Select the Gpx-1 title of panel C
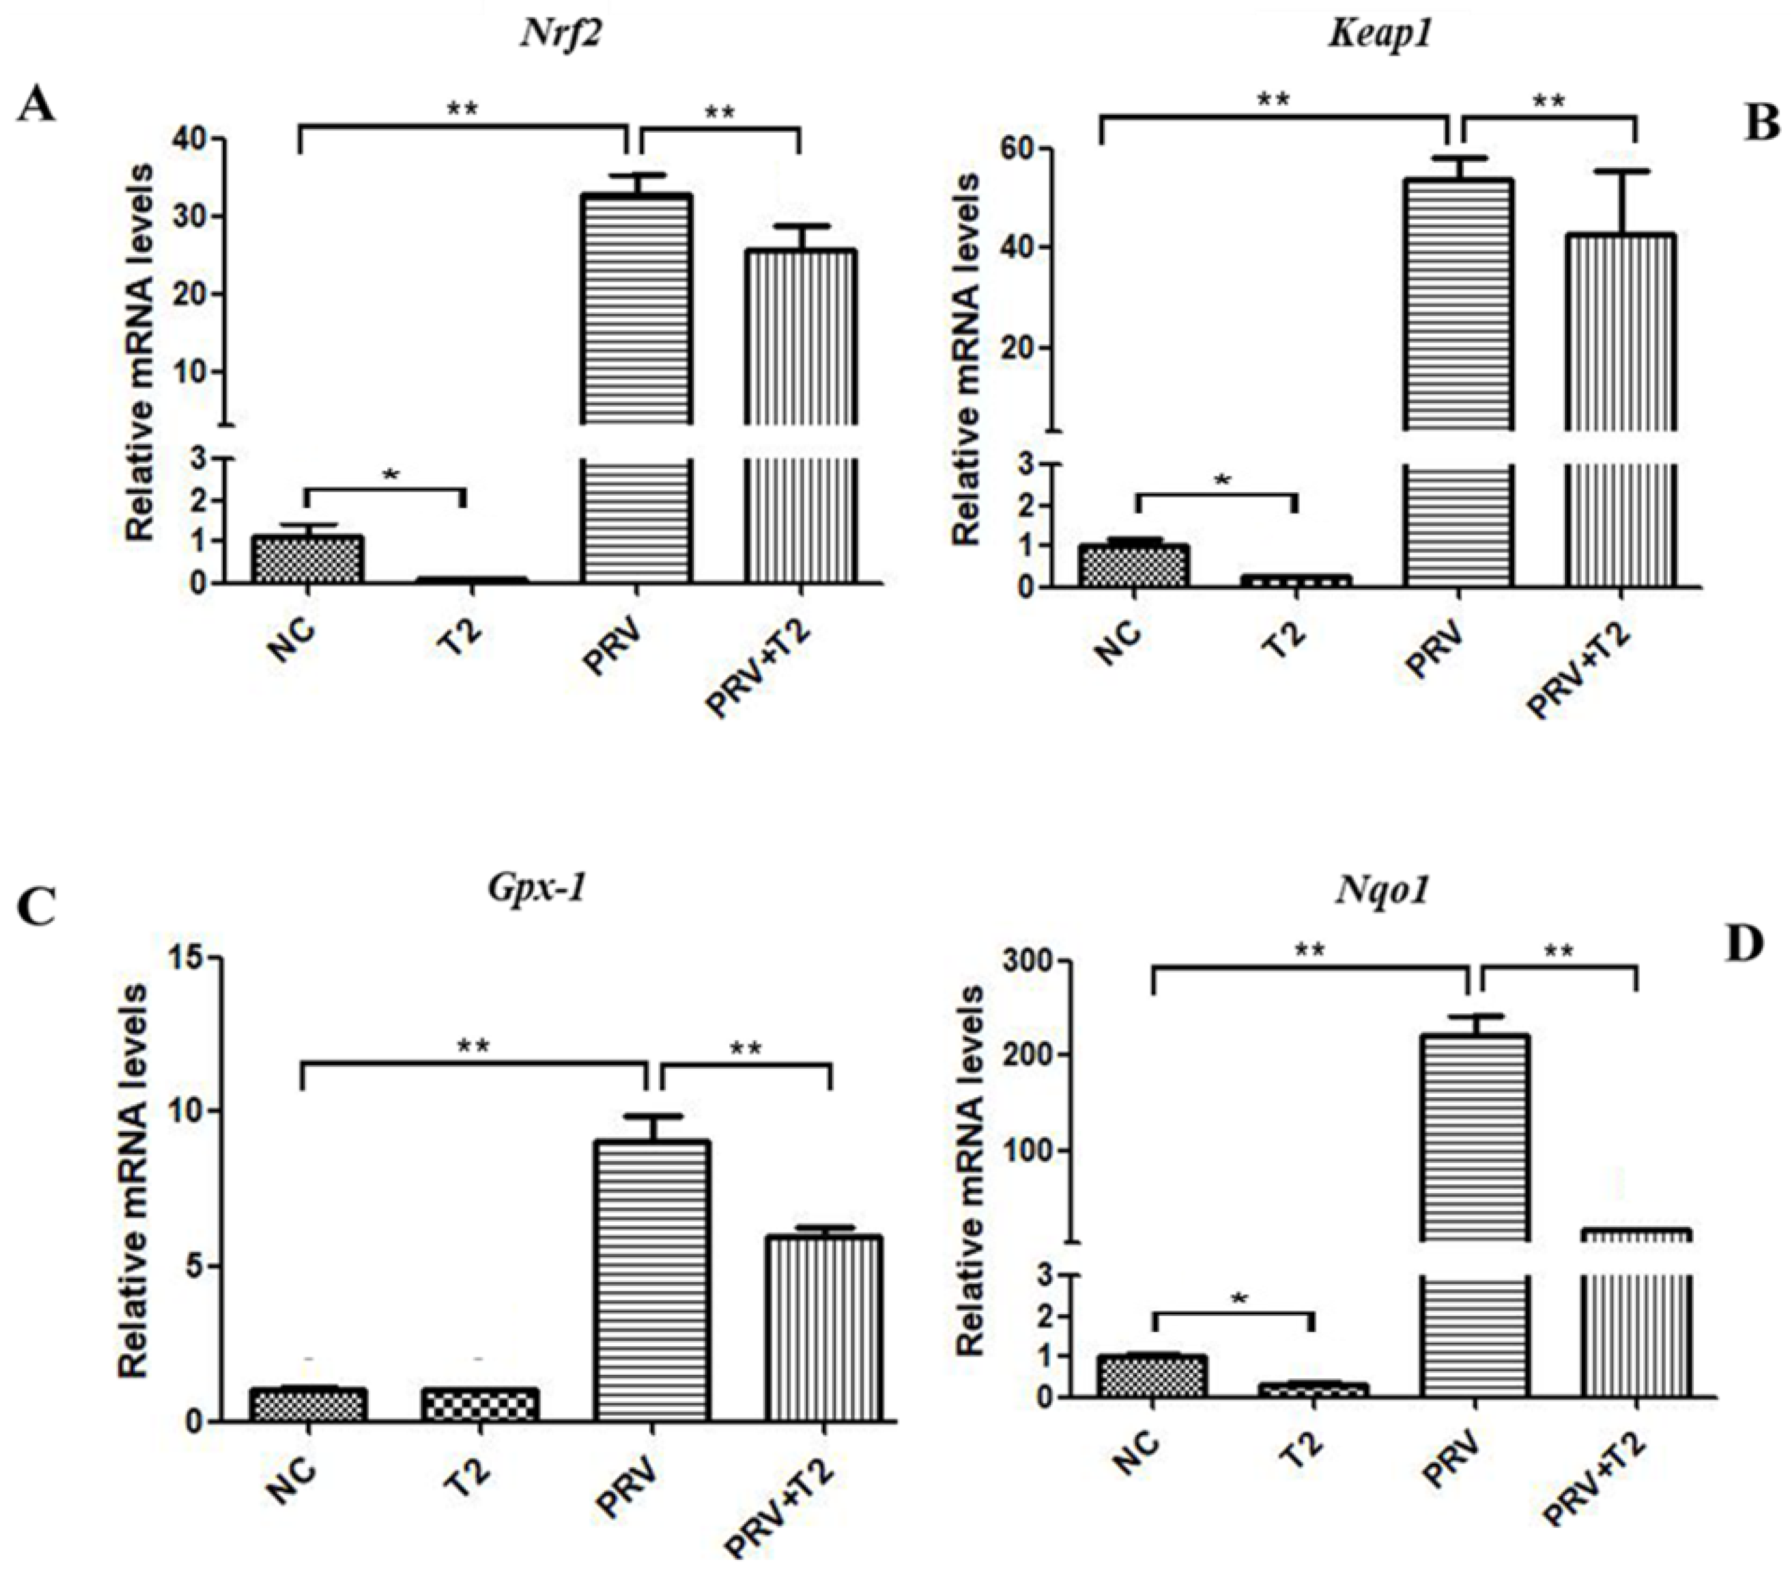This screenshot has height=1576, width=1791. pyautogui.click(x=536, y=888)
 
